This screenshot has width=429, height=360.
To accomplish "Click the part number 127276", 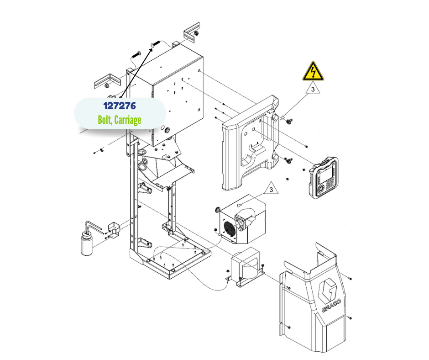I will point(119,106).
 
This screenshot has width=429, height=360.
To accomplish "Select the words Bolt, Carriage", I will point(119,120).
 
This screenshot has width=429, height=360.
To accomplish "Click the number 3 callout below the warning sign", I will point(313,90).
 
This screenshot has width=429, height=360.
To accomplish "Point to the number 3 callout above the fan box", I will point(271,189).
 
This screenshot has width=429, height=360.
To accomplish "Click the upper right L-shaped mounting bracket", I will point(192,32).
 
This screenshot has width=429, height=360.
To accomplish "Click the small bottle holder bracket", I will point(112,229).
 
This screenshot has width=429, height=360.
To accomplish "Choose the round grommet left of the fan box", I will point(218,210).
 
